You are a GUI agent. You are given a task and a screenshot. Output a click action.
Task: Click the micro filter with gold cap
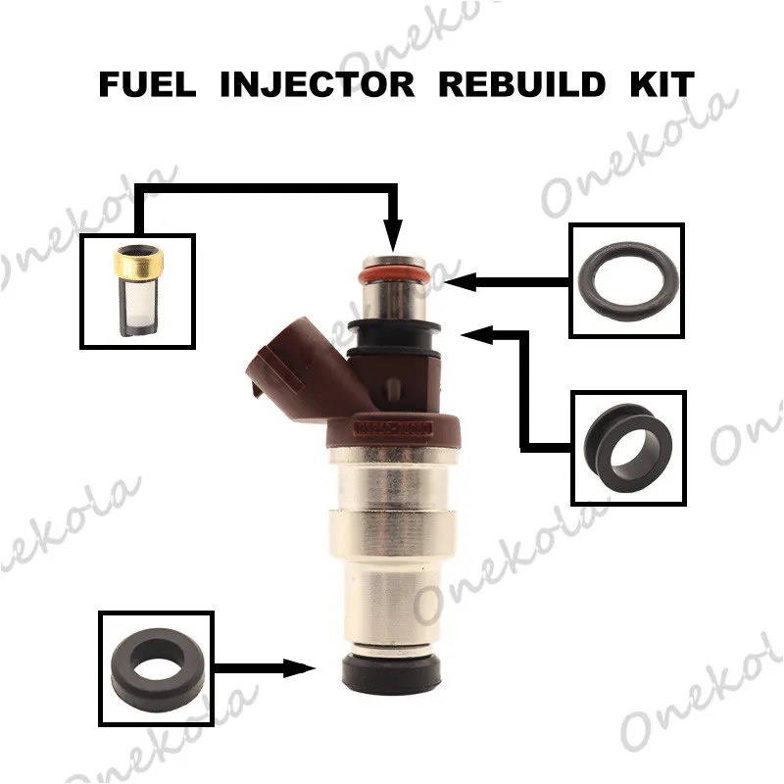point(137,291)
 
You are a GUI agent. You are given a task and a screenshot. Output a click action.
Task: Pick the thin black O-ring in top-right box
point(626,280)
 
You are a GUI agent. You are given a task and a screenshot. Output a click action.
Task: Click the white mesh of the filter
point(137,309)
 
